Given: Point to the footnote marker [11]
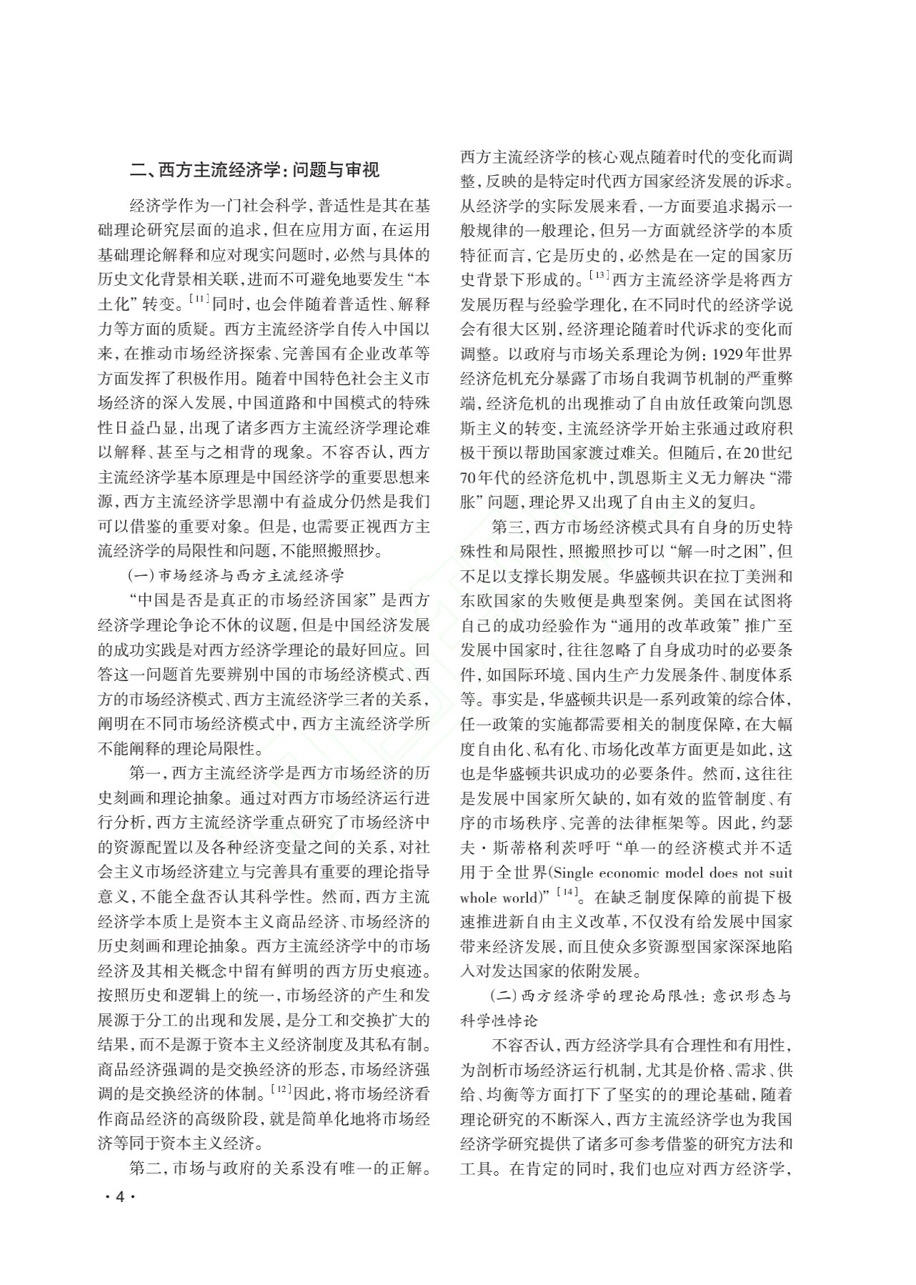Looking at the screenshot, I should pyautogui.click(x=199, y=299).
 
